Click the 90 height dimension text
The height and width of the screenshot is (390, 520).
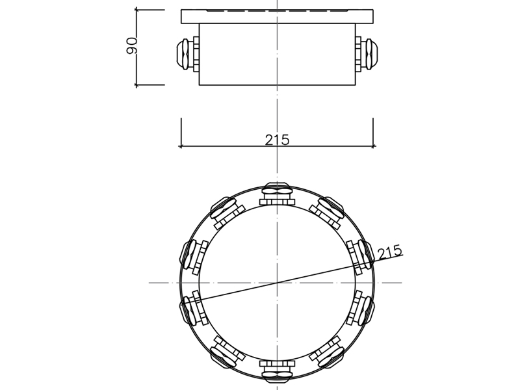132,46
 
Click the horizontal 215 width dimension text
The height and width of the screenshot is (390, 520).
277,139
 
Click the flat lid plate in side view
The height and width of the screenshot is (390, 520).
277,16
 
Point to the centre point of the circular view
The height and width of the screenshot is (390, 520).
278,283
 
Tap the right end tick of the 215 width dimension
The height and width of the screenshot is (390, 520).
373,146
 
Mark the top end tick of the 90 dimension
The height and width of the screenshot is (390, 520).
137,10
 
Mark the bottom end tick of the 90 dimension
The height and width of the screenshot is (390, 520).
137,84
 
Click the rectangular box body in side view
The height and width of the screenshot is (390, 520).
277,55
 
